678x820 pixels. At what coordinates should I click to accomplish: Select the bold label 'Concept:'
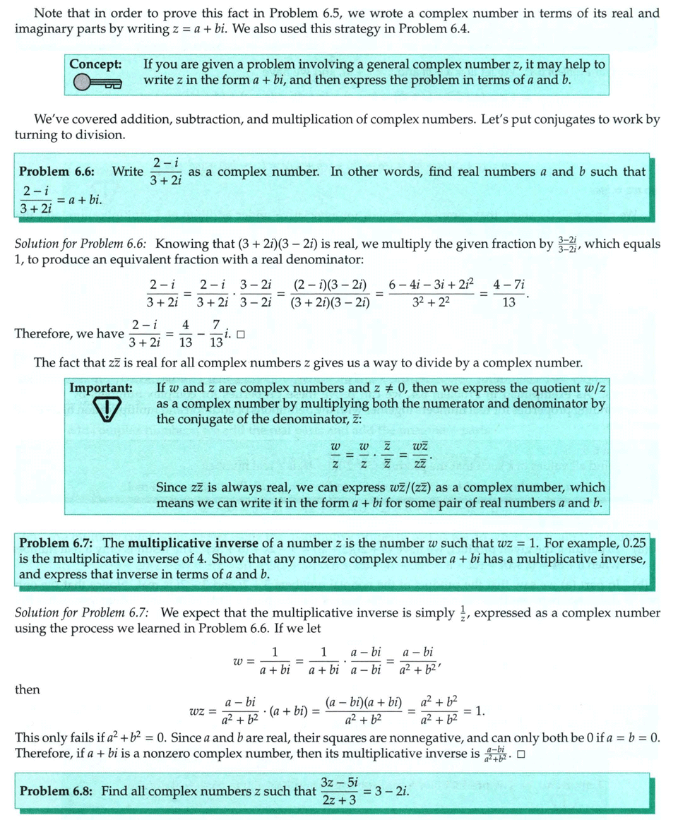click(x=96, y=64)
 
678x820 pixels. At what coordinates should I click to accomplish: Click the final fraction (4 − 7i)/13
click(x=509, y=293)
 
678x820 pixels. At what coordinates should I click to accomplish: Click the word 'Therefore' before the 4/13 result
click(x=44, y=333)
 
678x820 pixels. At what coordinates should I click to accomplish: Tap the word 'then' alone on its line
click(x=27, y=689)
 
